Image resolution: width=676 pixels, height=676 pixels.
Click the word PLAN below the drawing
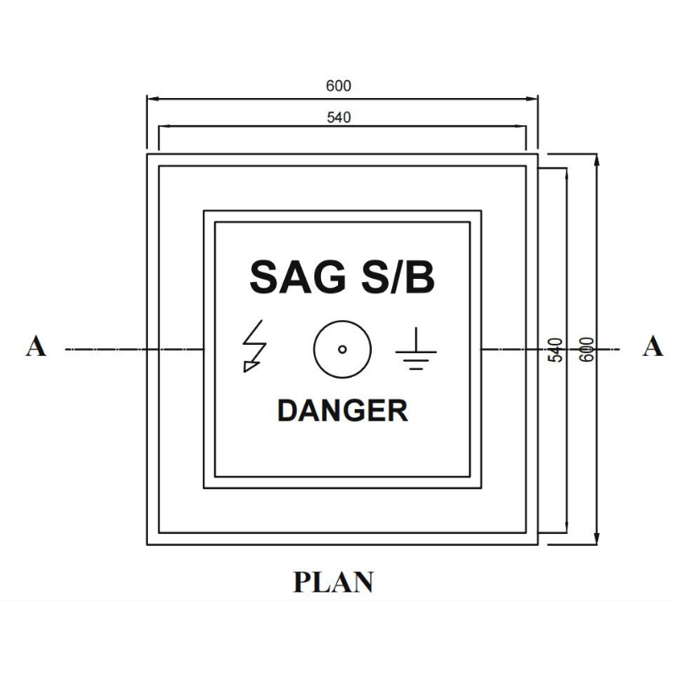point(333,582)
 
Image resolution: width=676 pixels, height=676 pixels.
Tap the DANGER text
point(342,411)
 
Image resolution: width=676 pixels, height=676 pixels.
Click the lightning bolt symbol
point(254,346)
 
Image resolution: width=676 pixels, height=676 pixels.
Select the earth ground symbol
point(416,349)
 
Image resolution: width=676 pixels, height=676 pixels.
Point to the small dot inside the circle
point(342,349)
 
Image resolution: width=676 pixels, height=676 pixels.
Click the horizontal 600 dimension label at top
point(339,86)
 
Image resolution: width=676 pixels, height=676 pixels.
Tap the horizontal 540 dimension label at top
point(339,117)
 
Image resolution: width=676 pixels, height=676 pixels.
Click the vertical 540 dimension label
point(556,350)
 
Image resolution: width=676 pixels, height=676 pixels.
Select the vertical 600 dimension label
point(586,350)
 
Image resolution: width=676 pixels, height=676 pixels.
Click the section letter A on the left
point(35,346)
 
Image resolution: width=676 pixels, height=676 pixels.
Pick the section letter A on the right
point(652,346)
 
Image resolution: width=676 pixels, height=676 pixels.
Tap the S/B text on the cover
point(398,277)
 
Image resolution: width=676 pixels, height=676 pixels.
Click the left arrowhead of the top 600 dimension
point(153,99)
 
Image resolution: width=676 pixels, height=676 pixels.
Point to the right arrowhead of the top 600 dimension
point(532,99)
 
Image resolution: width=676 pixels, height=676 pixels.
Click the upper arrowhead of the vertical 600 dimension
point(597,160)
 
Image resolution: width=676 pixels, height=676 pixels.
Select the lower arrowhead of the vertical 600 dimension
point(597,539)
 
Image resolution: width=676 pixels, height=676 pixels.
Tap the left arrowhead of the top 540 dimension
point(165,127)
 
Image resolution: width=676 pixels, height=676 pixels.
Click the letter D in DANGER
point(287,411)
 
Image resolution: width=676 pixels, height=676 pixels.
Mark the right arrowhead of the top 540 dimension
point(520,127)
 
